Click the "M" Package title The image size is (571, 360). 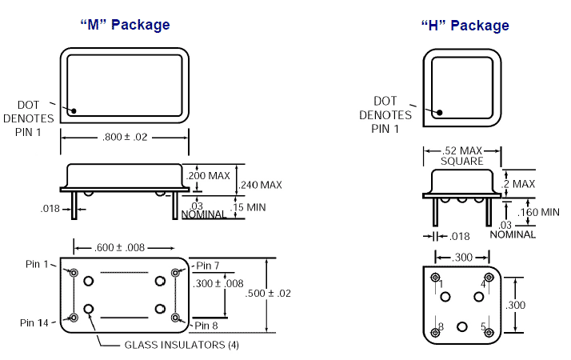125,25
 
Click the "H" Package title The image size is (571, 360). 465,26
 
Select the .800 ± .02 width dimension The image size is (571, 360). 125,137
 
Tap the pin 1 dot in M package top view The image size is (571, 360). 74,111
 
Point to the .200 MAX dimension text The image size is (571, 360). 208,175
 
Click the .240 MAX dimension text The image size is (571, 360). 261,185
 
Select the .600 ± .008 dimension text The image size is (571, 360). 125,247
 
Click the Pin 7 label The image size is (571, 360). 208,266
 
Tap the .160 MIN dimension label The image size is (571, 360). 537,212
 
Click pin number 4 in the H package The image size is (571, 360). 483,283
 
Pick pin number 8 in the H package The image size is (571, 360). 440,327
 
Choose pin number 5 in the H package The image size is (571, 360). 483,327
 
